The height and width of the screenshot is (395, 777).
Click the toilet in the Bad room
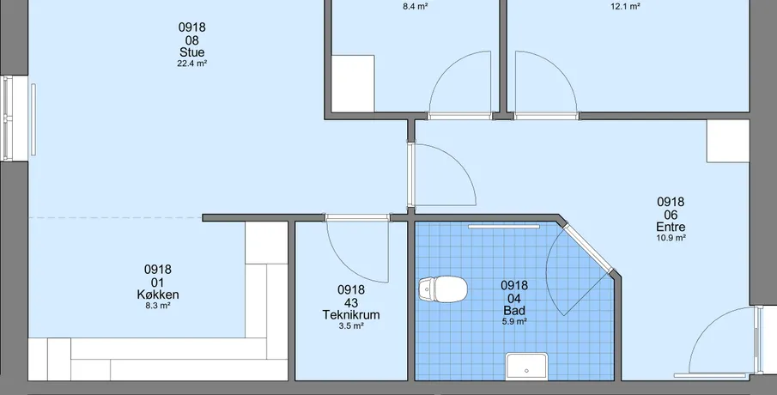click(443, 289)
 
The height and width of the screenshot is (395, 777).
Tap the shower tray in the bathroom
click(526, 366)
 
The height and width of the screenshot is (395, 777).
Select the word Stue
click(191, 52)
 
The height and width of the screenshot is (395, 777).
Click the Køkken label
click(158, 295)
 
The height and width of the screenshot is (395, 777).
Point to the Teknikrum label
click(351, 314)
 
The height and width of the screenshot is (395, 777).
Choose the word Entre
click(671, 227)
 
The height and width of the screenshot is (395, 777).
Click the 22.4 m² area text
click(191, 64)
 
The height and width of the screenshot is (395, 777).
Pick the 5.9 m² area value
click(514, 322)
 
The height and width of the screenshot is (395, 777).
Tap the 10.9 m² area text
click(671, 238)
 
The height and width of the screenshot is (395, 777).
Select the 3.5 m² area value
click(351, 325)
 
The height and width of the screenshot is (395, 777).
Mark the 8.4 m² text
click(416, 7)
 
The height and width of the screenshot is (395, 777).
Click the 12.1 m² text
click(625, 7)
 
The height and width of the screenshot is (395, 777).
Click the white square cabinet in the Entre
click(728, 141)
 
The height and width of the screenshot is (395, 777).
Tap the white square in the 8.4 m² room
click(353, 84)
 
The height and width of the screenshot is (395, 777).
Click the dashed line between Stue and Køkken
click(115, 217)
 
